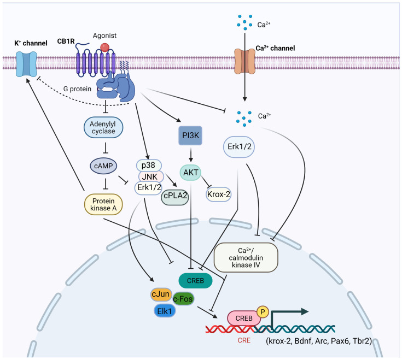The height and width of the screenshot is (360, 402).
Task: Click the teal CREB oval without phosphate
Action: [x=195, y=281]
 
